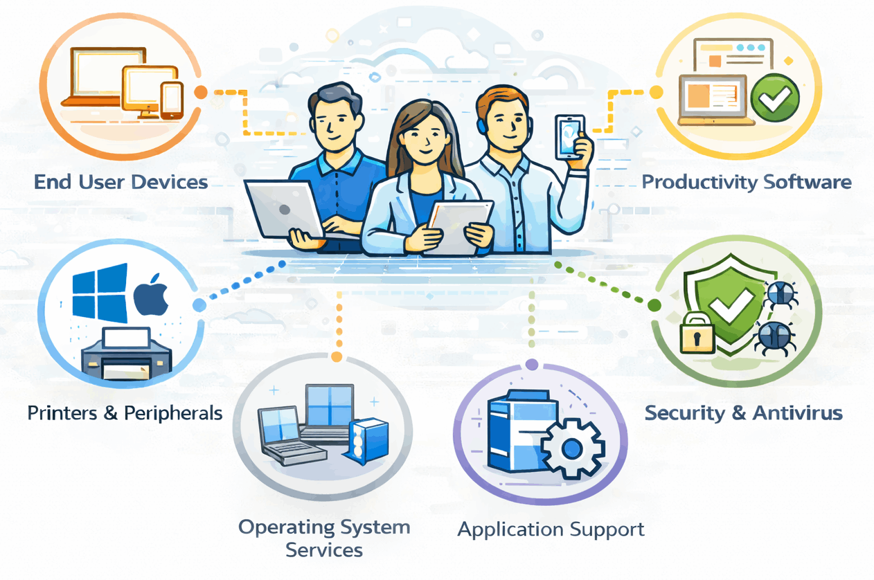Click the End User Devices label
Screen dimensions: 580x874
(121, 182)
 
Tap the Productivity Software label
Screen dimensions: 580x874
(746, 182)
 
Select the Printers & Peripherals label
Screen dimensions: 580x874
(125, 413)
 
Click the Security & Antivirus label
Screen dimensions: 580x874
(743, 413)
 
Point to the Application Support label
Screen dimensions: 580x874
(551, 530)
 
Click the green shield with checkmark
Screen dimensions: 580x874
(727, 305)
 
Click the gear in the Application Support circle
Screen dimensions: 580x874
(572, 449)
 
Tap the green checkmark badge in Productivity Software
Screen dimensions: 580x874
(776, 98)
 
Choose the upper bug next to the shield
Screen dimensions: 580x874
(781, 295)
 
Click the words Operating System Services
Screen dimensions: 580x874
(324, 538)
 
